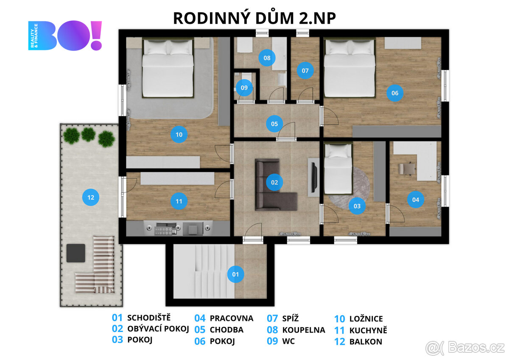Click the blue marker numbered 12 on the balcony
coord(90,197)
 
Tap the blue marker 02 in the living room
coord(274,182)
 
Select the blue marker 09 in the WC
coord(244,87)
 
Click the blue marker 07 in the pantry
coord(305,70)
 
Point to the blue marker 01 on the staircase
coord(235,274)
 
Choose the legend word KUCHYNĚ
coord(368,330)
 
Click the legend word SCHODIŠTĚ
coord(149,318)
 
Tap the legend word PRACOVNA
coord(231,318)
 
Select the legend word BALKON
coord(366,341)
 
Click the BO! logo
coord(65,36)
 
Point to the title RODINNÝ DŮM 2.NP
coord(255,18)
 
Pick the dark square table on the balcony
coord(76,253)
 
